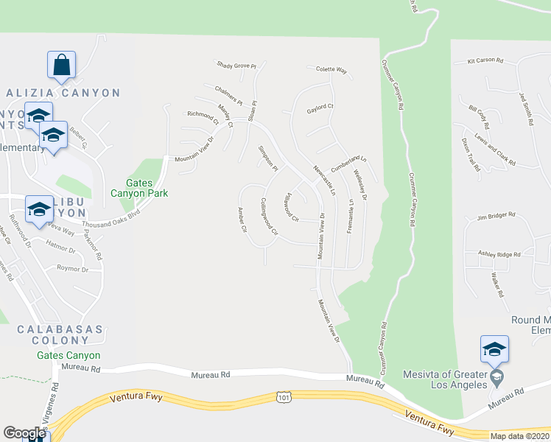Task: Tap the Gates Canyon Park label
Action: pyautogui.click(x=139, y=188)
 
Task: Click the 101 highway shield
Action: pyautogui.click(x=284, y=398)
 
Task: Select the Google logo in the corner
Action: pyautogui.click(x=24, y=433)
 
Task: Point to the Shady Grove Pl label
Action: pyautogui.click(x=236, y=66)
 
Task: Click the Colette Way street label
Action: pyautogui.click(x=331, y=70)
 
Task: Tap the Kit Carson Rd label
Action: pyautogui.click(x=485, y=60)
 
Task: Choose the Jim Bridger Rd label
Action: pyautogui.click(x=496, y=216)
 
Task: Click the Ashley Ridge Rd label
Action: pyautogui.click(x=499, y=254)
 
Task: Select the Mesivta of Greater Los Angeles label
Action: pyautogui.click(x=446, y=379)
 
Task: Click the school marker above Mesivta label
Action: pyautogui.click(x=494, y=349)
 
